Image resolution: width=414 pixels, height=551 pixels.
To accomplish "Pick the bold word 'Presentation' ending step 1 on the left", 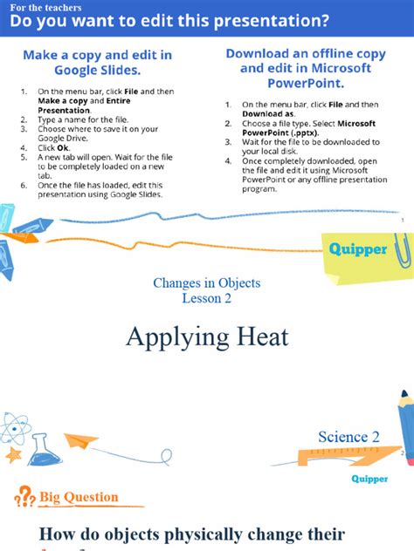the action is pyautogui.click(x=64, y=111).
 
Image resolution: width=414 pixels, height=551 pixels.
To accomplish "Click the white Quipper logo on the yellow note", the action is pyautogui.click(x=357, y=249).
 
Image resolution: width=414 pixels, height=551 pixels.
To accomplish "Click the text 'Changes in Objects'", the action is pyautogui.click(x=206, y=282).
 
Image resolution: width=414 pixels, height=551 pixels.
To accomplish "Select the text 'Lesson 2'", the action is pyautogui.click(x=206, y=298).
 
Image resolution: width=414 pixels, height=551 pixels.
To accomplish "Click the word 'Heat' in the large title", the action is pyautogui.click(x=255, y=337).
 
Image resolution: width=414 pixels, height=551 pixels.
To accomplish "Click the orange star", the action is pyautogui.click(x=12, y=454).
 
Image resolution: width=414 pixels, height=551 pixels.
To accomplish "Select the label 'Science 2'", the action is pyautogui.click(x=348, y=437).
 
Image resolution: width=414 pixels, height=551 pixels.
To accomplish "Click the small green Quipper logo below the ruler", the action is pyautogui.click(x=369, y=479).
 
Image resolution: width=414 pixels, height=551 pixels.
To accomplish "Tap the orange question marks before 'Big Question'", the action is pyautogui.click(x=24, y=499).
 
